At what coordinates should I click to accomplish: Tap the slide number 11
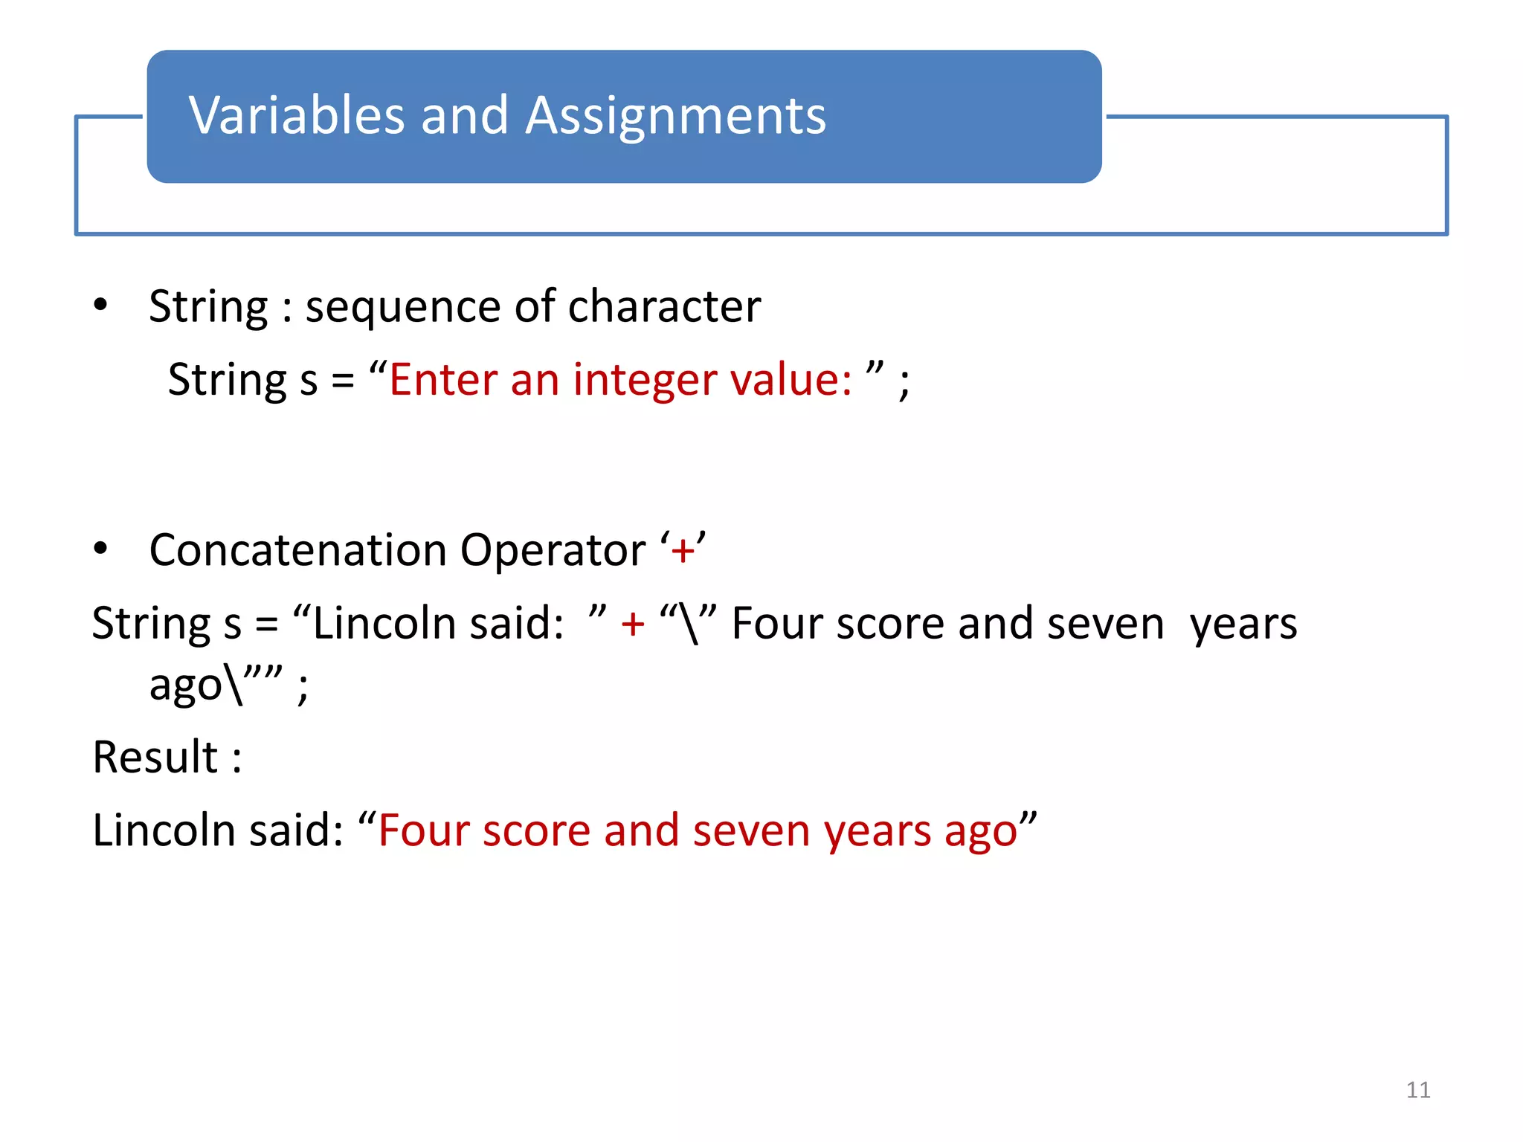pyautogui.click(x=1417, y=1090)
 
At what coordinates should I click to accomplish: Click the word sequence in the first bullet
pyautogui.click(x=402, y=307)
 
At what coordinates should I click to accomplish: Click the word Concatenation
pyautogui.click(x=297, y=550)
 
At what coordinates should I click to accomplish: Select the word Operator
pyautogui.click(x=553, y=552)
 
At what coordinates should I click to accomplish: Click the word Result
pyautogui.click(x=155, y=757)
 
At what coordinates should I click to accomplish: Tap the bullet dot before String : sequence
pyautogui.click(x=100, y=305)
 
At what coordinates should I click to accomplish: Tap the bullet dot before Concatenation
pyautogui.click(x=100, y=549)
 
